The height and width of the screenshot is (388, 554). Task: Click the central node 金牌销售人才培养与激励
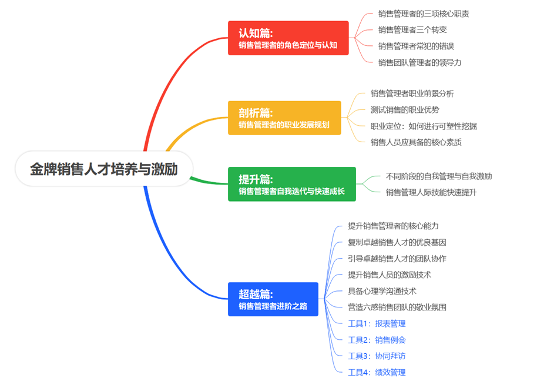click(x=104, y=169)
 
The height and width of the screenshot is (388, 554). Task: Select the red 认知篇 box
click(x=288, y=38)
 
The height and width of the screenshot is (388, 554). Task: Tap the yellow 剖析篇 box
click(x=284, y=118)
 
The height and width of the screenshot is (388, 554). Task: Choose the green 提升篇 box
click(x=291, y=184)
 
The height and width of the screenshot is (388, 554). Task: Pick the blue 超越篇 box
click(x=273, y=299)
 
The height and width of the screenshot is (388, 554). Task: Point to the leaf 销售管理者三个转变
click(x=412, y=29)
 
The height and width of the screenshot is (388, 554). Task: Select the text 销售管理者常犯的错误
click(x=416, y=46)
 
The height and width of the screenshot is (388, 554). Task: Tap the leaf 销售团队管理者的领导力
click(x=419, y=62)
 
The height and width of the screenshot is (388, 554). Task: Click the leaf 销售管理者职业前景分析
click(x=412, y=93)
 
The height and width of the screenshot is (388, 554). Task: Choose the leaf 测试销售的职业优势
click(x=405, y=109)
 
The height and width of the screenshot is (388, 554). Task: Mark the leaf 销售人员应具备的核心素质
click(x=416, y=142)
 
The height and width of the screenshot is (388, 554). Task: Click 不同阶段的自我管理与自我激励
click(x=438, y=176)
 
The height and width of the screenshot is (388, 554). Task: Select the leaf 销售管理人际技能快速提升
click(x=431, y=192)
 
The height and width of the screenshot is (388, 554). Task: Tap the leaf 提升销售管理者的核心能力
click(x=393, y=226)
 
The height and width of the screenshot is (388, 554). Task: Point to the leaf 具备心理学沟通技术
click(x=382, y=290)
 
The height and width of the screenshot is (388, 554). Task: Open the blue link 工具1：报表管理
click(x=377, y=323)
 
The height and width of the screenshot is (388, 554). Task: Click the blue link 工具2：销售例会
click(x=377, y=340)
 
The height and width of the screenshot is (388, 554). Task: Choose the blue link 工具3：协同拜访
click(x=377, y=356)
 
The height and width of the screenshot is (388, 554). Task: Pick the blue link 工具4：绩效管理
click(x=377, y=372)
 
